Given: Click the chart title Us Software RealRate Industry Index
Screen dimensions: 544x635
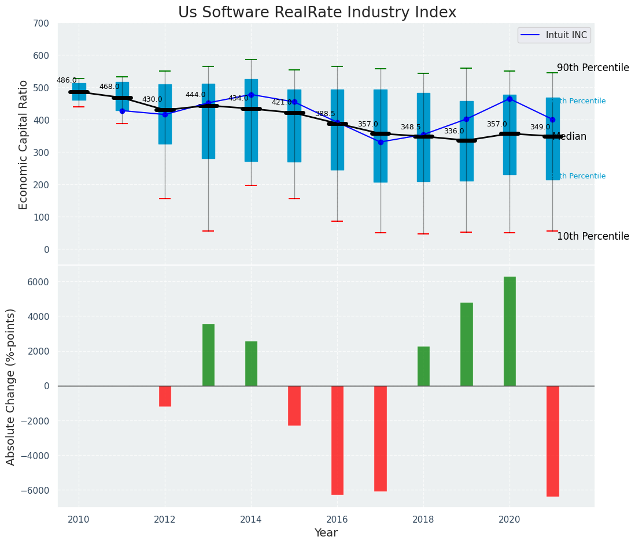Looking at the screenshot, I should (x=317, y=13).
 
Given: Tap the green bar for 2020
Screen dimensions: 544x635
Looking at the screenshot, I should (x=510, y=331).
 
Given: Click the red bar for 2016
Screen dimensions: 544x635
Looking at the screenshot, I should (x=337, y=440).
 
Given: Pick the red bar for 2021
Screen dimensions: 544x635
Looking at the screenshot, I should (x=552, y=441).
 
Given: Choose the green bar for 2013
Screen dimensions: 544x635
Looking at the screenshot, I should (x=208, y=355).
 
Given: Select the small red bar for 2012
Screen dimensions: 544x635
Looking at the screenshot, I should (x=165, y=396).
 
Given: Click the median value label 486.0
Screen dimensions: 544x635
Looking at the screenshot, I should (x=67, y=80).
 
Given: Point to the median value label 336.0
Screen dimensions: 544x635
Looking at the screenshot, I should (x=454, y=132).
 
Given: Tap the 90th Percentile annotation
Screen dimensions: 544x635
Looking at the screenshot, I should (x=593, y=68).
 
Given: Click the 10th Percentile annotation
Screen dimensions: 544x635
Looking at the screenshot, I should (x=593, y=237).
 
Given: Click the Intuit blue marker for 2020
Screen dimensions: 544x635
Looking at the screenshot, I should (x=510, y=99).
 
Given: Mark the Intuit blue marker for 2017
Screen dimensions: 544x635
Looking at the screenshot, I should (x=381, y=142).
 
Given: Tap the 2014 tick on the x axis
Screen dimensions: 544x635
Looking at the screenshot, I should (x=251, y=520).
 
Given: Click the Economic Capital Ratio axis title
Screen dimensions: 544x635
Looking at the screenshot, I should (x=24, y=144).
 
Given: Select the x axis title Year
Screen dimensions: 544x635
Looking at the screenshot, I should (x=326, y=533).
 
